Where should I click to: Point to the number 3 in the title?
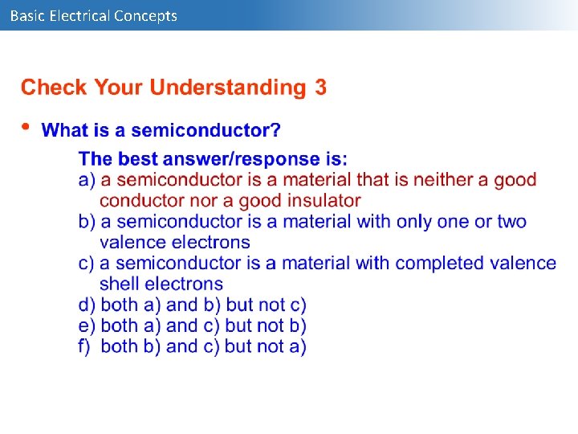(320, 88)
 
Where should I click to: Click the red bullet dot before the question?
(26, 126)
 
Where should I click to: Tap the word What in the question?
(65, 130)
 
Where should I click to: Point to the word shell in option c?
(119, 284)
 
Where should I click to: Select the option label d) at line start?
(87, 305)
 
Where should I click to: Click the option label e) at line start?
(87, 325)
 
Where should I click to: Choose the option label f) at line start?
(86, 346)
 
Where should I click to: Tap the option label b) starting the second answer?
(87, 221)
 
